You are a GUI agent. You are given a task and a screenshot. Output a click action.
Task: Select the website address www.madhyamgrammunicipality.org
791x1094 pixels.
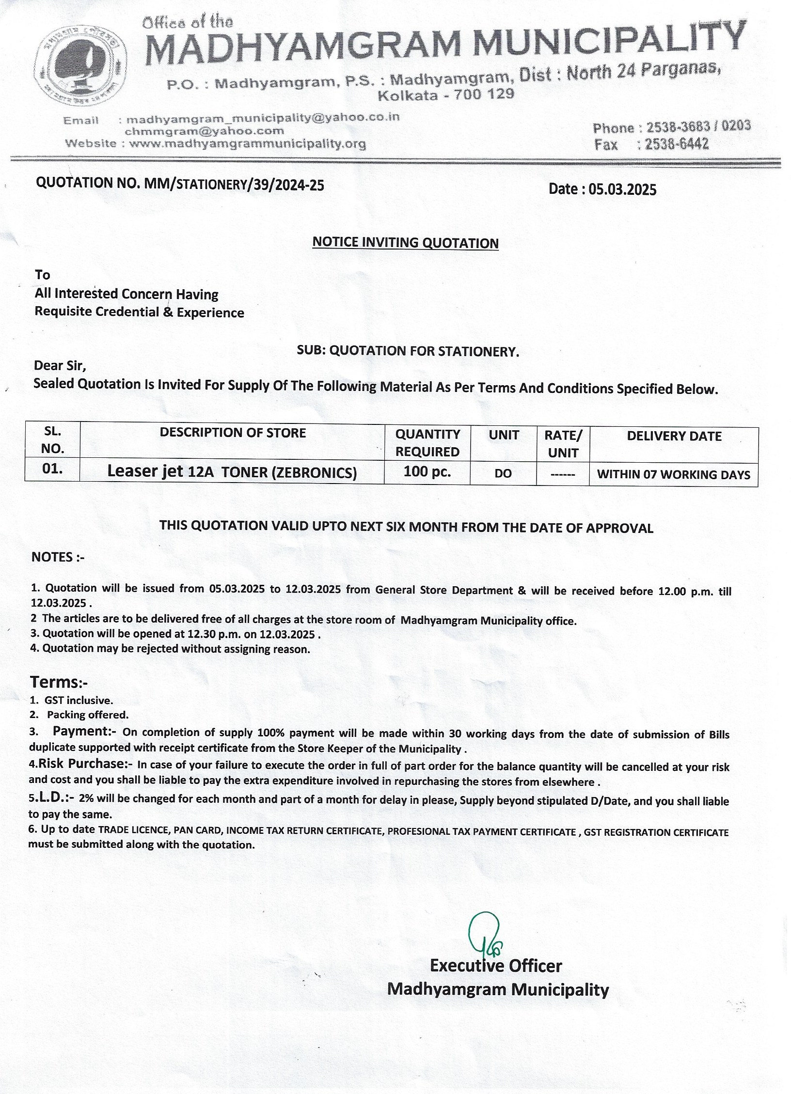[248, 144]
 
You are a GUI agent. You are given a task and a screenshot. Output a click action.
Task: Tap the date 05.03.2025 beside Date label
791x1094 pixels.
[622, 189]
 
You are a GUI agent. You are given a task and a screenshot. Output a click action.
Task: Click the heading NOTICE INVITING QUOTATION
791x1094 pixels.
[405, 242]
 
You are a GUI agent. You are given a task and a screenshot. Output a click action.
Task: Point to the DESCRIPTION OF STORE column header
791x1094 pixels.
[233, 433]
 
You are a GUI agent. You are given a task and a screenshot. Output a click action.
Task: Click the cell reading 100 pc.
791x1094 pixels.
[427, 471]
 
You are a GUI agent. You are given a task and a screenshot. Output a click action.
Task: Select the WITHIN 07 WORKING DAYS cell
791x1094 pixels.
[674, 474]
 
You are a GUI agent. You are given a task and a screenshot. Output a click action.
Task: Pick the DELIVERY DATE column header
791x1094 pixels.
[674, 436]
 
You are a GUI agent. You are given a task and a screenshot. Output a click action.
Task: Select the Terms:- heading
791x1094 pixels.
[59, 682]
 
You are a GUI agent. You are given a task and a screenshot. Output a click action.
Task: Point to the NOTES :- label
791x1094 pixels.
[58, 557]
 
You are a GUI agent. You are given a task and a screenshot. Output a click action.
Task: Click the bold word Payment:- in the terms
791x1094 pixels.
[84, 731]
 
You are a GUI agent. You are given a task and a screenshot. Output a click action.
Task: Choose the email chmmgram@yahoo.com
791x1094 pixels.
[204, 131]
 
